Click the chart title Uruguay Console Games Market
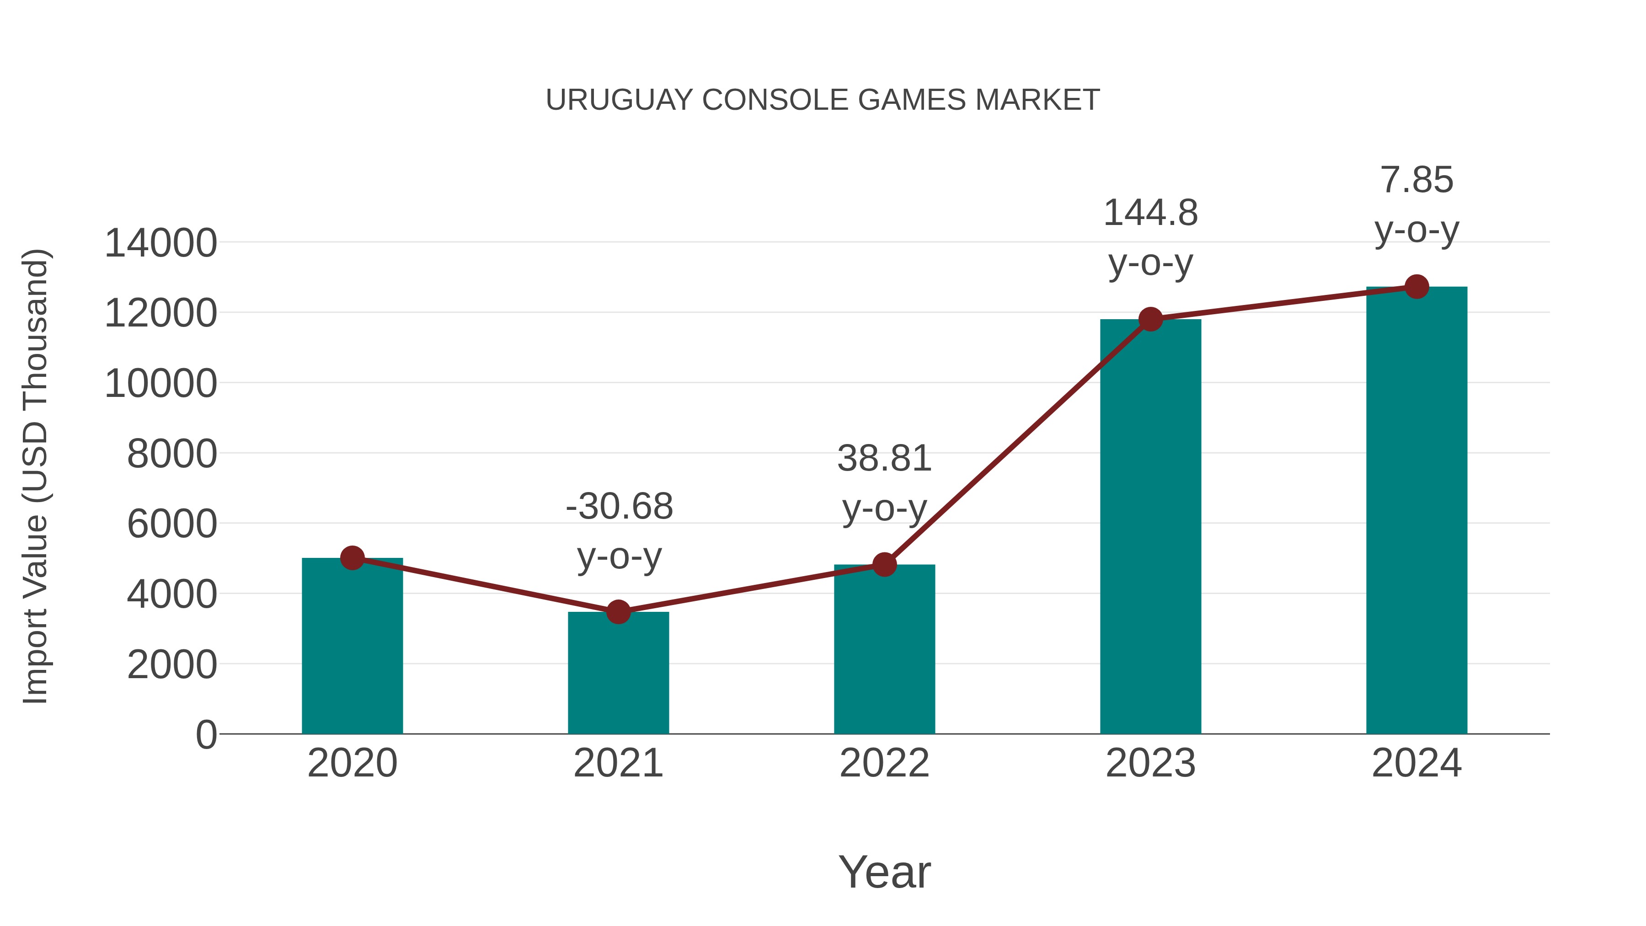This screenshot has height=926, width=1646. coord(823,100)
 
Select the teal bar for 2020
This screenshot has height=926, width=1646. coord(352,645)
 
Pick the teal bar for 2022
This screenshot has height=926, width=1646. coord(884,648)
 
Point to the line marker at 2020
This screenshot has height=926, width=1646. coord(352,558)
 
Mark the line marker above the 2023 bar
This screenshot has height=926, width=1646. coord(1150,319)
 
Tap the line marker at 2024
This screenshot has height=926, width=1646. coord(1416,287)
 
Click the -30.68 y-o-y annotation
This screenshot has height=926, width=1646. coord(619,530)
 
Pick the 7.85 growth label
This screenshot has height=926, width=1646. coord(1416,204)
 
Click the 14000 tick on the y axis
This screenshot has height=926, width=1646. coord(160,243)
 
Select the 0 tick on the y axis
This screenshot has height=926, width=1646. coord(206,734)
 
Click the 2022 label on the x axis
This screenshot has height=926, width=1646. coord(884,763)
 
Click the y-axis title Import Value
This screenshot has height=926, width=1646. coord(35,476)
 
